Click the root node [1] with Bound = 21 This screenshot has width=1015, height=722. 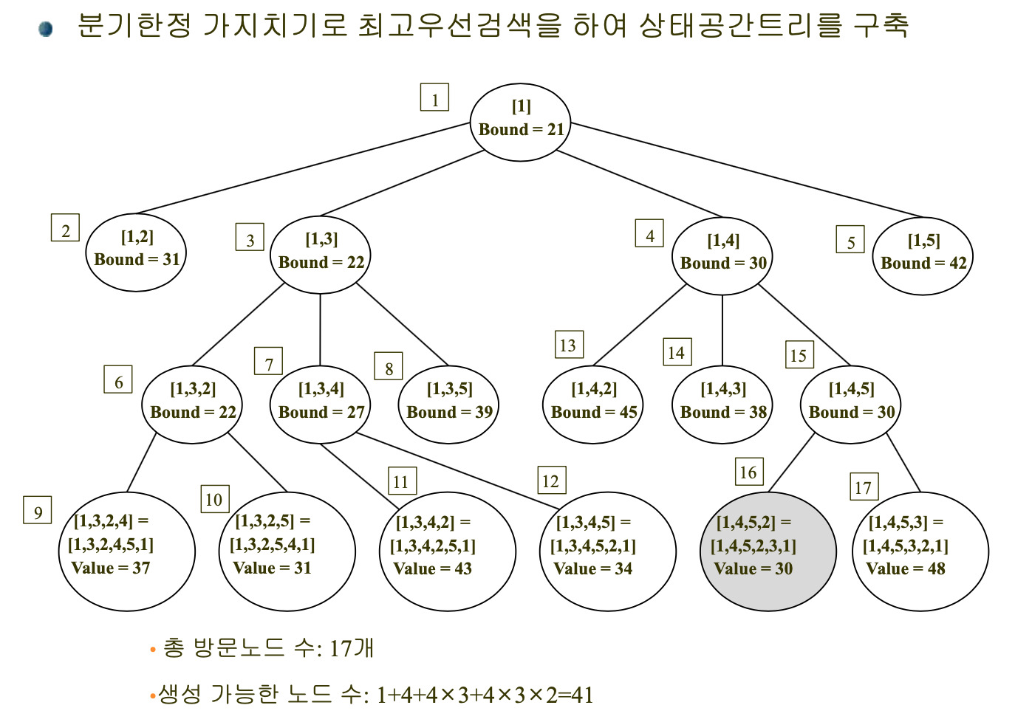520,123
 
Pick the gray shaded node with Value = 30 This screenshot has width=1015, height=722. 768,551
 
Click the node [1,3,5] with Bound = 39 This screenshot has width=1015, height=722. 448,405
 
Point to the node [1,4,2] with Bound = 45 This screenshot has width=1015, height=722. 592,405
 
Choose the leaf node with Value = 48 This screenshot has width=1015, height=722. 920,551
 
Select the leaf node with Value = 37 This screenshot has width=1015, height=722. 127,551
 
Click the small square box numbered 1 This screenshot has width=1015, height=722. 434,97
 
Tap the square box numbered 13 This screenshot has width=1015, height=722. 569,344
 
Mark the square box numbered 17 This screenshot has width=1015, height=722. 864,487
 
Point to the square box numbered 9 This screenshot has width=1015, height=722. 37,510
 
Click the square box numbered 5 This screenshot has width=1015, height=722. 850,239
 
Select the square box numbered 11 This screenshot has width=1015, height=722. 403,481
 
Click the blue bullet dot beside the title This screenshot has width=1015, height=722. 45,29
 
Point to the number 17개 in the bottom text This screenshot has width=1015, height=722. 352,648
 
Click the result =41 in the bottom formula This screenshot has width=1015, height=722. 576,695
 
